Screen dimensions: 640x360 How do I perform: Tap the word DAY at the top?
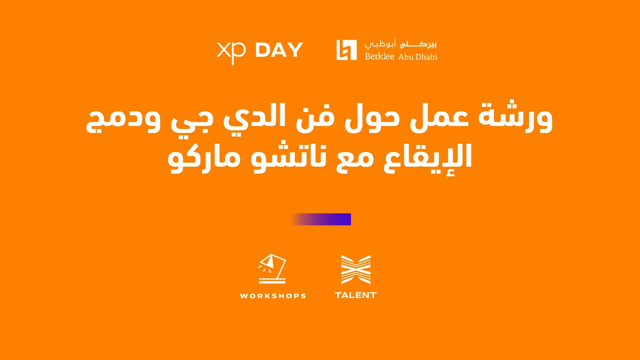coord(279,50)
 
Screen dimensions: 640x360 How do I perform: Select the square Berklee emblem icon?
coord(346,50)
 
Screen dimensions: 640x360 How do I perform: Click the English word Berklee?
coord(379,56)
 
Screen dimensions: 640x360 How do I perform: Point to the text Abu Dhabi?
coord(418,57)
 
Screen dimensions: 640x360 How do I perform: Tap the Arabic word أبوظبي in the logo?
coord(380,44)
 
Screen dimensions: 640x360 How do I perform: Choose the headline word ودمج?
coord(123,120)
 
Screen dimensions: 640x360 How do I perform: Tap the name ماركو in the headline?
coord(204,158)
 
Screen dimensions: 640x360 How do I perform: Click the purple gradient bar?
coord(321,219)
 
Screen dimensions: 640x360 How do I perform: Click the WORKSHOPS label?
coord(273,296)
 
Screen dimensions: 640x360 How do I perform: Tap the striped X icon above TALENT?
coord(356,269)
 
